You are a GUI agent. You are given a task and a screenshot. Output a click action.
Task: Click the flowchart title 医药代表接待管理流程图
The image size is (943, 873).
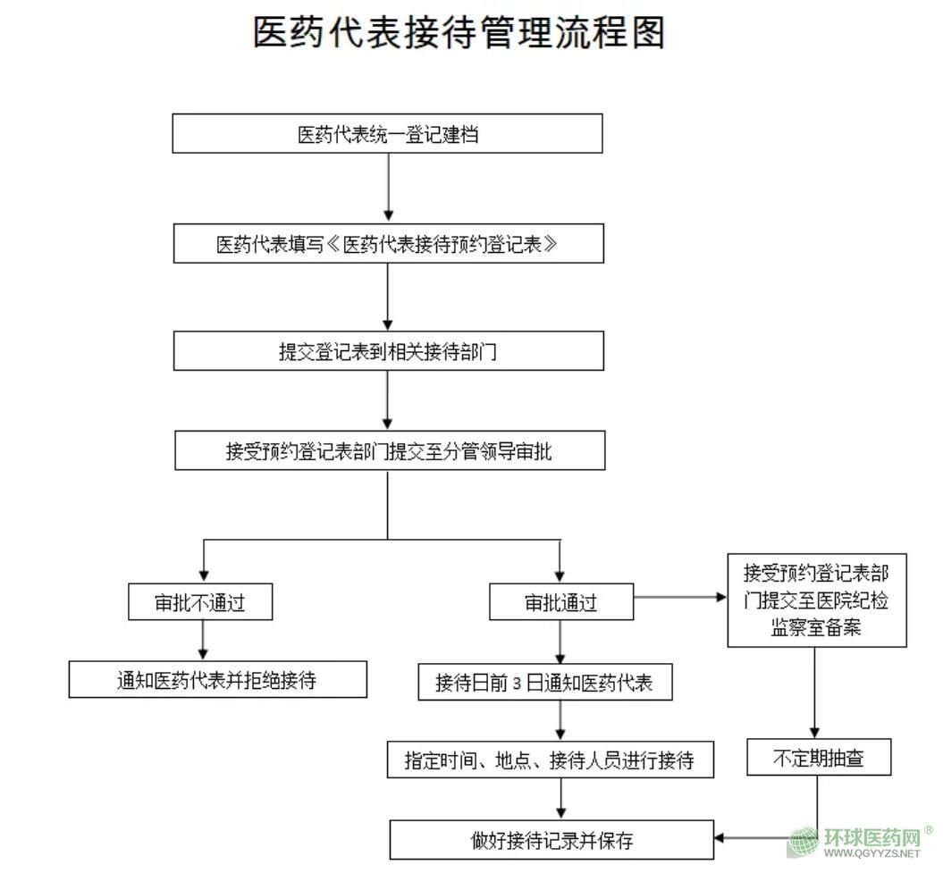pos(459,34)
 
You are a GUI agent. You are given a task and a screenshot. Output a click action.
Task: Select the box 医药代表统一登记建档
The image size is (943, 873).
pos(387,134)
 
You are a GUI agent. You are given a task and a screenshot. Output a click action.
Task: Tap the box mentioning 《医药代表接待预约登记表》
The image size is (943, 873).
pos(387,244)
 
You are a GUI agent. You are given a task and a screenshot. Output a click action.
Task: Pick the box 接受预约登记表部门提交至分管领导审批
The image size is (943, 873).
pos(389,451)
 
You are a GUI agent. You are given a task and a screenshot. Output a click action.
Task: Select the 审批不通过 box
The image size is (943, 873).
pos(200,602)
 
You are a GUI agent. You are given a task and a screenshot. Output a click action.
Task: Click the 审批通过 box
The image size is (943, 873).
pos(560,602)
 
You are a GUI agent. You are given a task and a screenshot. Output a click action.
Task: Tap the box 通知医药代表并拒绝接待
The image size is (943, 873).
pos(217,680)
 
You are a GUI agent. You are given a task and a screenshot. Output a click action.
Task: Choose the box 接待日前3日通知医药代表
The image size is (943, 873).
pos(544,684)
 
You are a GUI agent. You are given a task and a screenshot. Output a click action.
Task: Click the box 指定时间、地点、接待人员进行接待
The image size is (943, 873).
pos(550,760)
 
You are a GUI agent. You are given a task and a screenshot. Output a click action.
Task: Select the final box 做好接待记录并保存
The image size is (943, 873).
pos(551,840)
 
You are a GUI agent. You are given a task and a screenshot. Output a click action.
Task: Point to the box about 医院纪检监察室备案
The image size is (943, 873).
pos(816,599)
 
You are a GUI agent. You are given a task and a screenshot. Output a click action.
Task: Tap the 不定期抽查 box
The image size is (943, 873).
pos(818,760)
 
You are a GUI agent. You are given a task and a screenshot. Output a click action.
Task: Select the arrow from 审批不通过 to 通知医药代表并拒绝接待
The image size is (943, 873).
pos(205,641)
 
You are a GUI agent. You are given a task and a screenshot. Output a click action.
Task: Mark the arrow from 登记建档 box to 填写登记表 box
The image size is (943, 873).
pos(387,188)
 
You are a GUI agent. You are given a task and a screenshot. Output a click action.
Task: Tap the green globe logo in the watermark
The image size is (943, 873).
pos(803,843)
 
